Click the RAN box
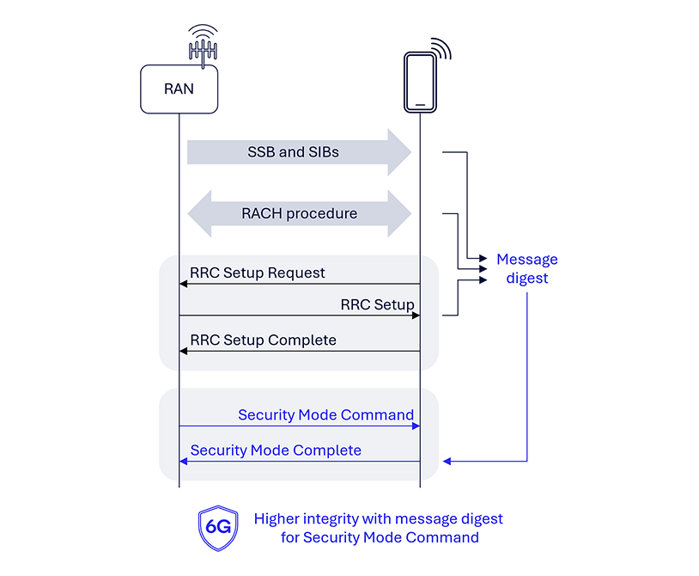click(179, 89)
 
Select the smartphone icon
click(420, 82)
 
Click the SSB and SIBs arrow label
click(293, 152)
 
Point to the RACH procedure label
click(299, 213)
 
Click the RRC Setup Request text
click(258, 273)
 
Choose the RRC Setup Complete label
click(263, 340)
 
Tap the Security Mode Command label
click(325, 415)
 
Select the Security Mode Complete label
click(276, 450)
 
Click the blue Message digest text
click(526, 268)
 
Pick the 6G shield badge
click(217, 527)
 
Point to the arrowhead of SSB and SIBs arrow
click(401, 152)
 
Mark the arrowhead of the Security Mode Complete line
click(183, 462)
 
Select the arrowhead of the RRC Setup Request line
click(183, 284)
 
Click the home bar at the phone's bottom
click(420, 104)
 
